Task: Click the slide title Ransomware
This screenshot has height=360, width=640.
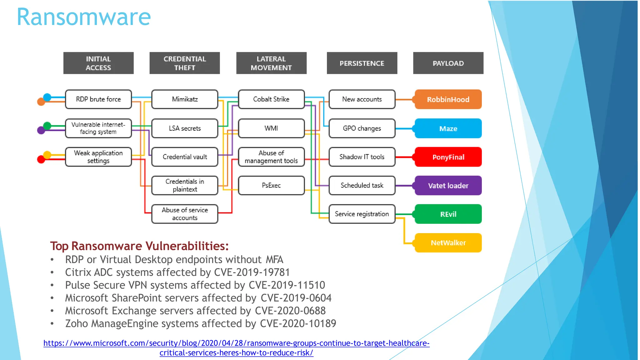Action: click(x=84, y=17)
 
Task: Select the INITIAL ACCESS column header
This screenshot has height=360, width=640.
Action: click(x=98, y=63)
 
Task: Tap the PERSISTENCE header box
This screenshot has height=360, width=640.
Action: click(x=362, y=63)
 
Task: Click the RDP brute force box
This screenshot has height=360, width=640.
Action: click(x=98, y=99)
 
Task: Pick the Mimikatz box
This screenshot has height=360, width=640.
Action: click(x=185, y=99)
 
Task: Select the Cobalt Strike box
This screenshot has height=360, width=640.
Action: click(x=271, y=99)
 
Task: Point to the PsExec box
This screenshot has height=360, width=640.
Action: click(x=271, y=185)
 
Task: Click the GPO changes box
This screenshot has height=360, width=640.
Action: click(x=362, y=128)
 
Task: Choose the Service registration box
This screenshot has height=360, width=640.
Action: click(x=362, y=214)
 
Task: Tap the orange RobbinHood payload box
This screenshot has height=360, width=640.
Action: click(x=448, y=99)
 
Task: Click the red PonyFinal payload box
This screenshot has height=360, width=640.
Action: click(x=448, y=157)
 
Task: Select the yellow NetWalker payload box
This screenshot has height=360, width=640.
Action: click(x=448, y=243)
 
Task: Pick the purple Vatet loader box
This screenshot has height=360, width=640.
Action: click(x=448, y=186)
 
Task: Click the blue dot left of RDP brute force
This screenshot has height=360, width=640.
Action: click(x=47, y=97)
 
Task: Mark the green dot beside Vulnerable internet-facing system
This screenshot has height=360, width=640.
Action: click(x=47, y=126)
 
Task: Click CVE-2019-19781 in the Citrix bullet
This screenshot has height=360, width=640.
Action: click(x=252, y=272)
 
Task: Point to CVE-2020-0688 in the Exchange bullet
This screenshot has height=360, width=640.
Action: click(x=290, y=311)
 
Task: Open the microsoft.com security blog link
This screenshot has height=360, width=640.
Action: click(x=236, y=343)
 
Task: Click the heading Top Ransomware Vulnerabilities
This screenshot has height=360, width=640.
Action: click(x=139, y=246)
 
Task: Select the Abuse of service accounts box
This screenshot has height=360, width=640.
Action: click(x=185, y=214)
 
